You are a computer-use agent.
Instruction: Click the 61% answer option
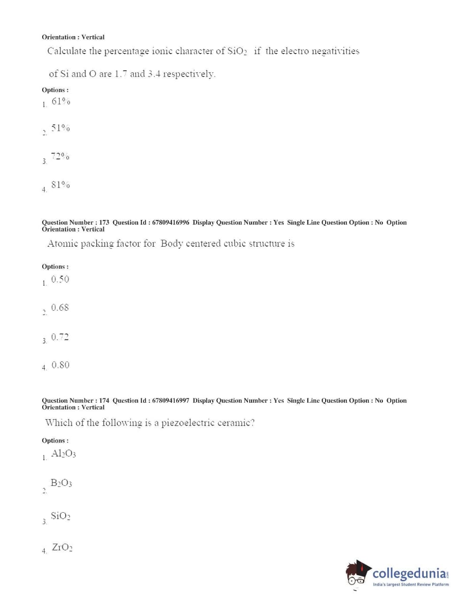point(61,101)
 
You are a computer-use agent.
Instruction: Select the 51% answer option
point(61,128)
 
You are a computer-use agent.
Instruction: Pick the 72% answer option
point(60,156)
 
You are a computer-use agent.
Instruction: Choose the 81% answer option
point(61,185)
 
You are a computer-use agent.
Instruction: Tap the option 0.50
point(60,279)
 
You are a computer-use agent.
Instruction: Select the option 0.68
point(60,307)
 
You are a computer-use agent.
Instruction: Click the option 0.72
point(60,337)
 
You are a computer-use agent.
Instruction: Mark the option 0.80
point(61,365)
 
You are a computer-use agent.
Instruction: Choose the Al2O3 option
point(63,453)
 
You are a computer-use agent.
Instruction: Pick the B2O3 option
point(61,483)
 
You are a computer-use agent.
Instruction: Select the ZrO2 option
point(62,547)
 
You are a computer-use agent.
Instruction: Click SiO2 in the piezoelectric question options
point(61,516)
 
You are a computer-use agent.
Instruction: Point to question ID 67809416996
point(170,222)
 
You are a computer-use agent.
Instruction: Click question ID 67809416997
point(170,400)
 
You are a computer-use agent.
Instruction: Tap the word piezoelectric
point(188,423)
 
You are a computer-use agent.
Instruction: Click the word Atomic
point(62,243)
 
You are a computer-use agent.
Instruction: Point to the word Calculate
point(67,51)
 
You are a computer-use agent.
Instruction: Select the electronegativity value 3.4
point(153,74)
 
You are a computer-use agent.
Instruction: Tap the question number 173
point(104,222)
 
